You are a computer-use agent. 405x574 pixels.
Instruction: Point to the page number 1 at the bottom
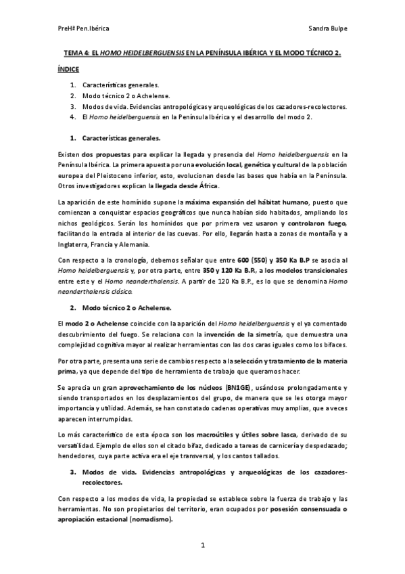pyautogui.click(x=202, y=544)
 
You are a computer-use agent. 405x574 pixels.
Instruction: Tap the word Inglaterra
pyautogui.click(x=78, y=244)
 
